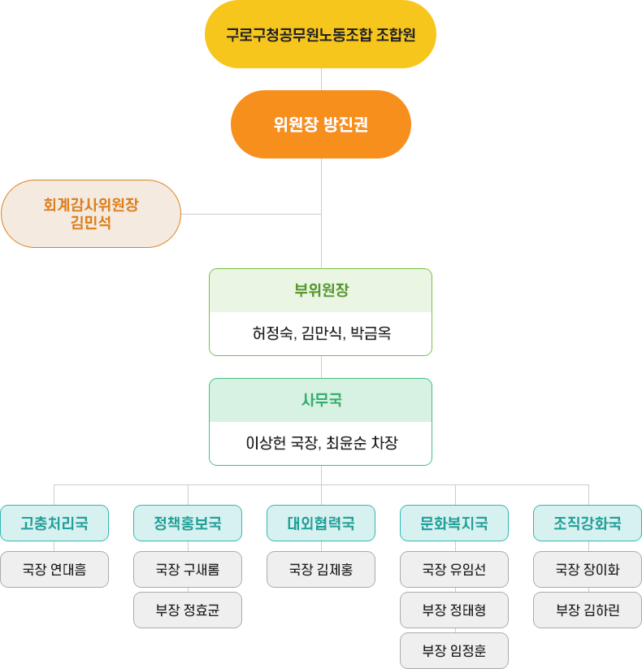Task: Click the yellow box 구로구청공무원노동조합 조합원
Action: (x=320, y=36)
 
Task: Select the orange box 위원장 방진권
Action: (x=320, y=124)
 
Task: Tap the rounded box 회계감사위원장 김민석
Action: (x=90, y=214)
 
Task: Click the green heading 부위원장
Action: (x=320, y=290)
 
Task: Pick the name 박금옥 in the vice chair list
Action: (x=370, y=333)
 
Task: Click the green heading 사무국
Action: (x=320, y=400)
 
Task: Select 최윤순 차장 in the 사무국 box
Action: (x=362, y=444)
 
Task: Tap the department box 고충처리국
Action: (x=54, y=523)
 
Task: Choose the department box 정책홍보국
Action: (x=188, y=523)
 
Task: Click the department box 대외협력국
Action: (x=321, y=523)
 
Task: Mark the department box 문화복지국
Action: (x=454, y=523)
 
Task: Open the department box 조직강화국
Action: (x=588, y=523)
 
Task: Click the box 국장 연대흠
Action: (x=54, y=570)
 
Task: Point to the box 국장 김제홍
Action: (x=321, y=570)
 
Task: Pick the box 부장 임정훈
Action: (x=454, y=650)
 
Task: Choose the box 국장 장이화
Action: (x=588, y=570)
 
